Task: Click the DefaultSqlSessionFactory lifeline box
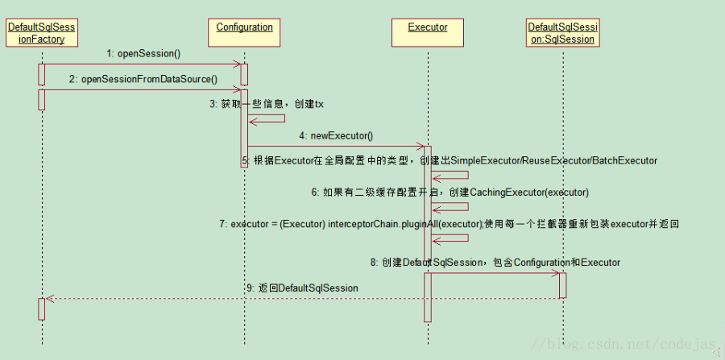(41, 33)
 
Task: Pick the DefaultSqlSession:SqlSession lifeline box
(563, 33)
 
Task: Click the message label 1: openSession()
(143, 53)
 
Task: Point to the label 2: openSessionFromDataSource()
(143, 79)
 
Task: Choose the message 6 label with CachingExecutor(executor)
(450, 192)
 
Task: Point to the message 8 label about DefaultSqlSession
(495, 262)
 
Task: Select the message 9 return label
(302, 288)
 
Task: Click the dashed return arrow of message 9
(302, 298)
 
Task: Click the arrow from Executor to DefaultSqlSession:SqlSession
(495, 273)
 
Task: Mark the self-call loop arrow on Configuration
(270, 119)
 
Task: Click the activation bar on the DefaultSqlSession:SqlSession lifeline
(562, 285)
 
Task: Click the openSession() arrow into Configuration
(143, 64)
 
